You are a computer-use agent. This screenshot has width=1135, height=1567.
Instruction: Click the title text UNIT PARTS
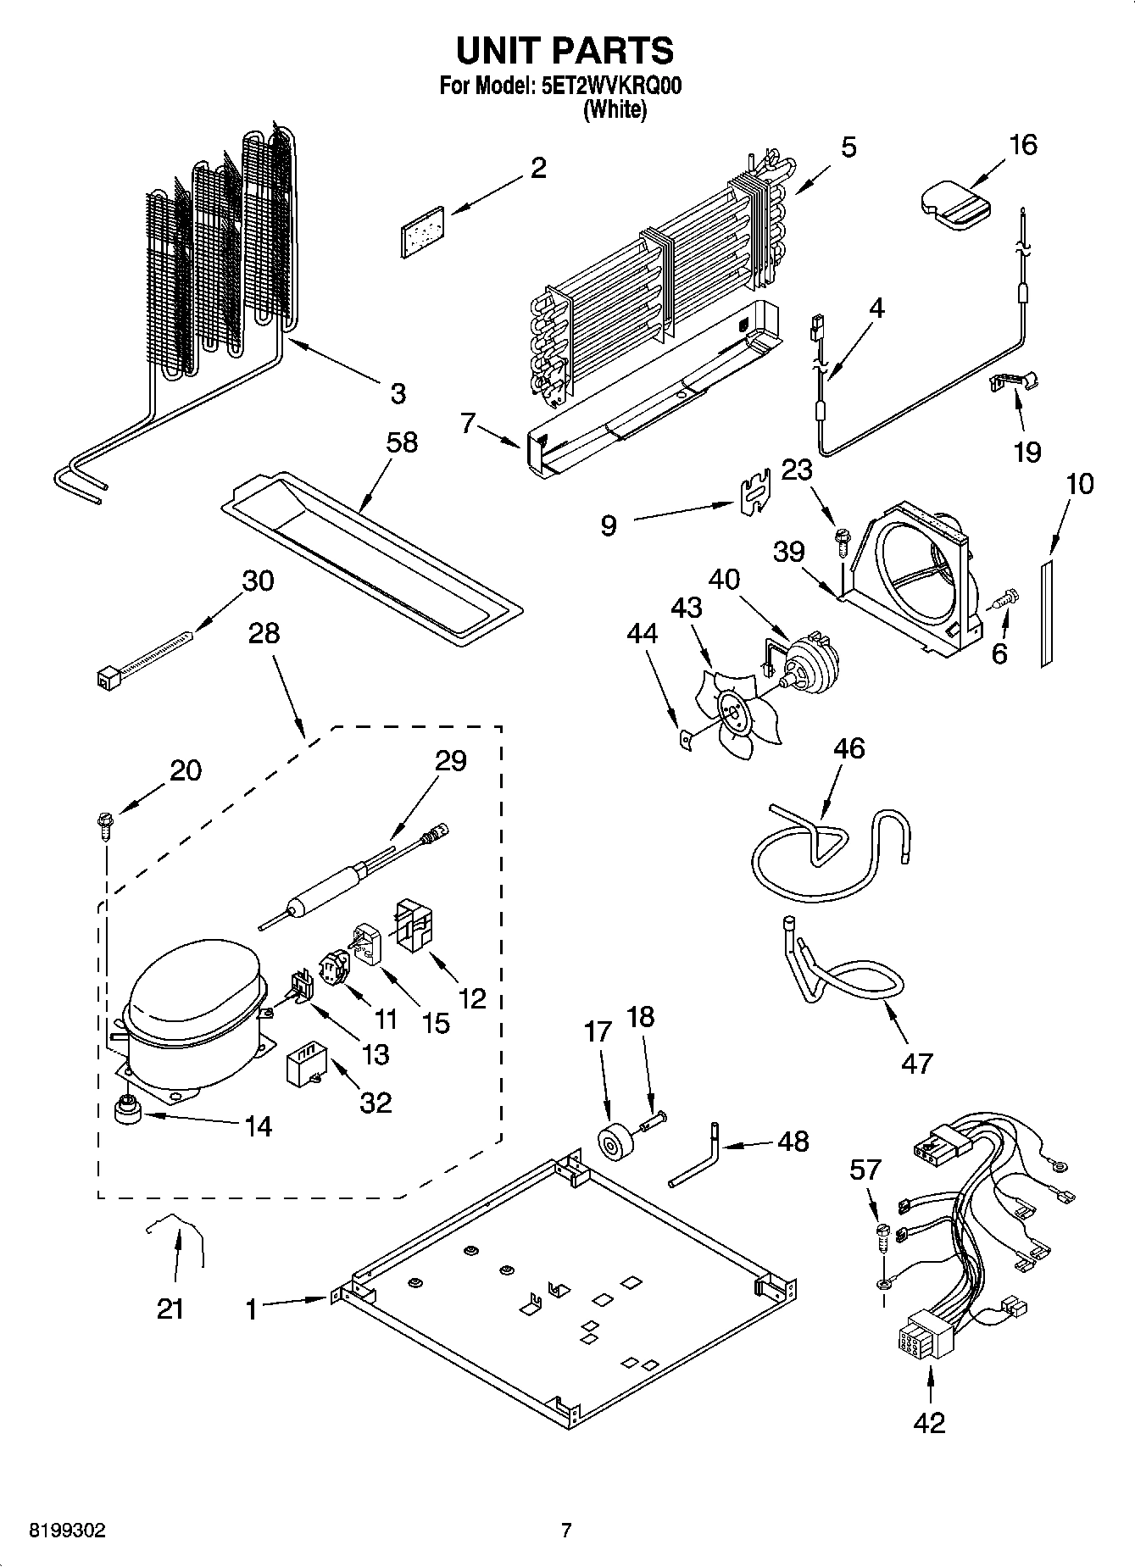(565, 51)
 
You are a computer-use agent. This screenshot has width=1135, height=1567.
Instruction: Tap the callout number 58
(402, 442)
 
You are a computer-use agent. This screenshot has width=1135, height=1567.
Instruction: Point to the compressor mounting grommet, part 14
(129, 1109)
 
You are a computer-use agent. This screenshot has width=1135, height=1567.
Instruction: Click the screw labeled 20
(105, 825)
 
